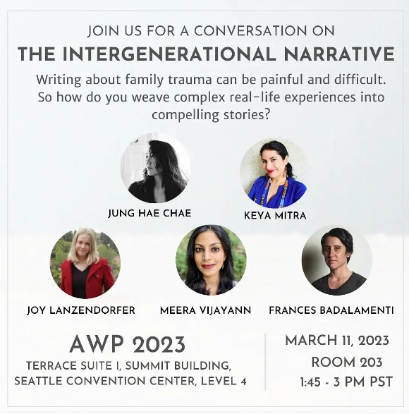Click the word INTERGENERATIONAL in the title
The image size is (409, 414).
point(169,54)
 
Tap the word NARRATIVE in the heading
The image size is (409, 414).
point(339,54)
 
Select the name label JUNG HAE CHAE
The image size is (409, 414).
point(149,213)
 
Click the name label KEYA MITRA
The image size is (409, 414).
point(275,216)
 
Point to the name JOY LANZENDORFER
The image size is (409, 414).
point(81,310)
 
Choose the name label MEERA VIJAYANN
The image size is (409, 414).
point(205,310)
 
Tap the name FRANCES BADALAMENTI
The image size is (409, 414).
point(331,310)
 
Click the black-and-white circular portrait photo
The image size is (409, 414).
point(156,168)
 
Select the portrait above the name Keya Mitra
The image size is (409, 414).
point(275,173)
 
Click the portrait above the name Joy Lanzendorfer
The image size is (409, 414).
point(85,263)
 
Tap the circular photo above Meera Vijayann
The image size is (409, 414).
point(211,260)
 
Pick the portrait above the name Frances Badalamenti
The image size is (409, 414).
point(337,260)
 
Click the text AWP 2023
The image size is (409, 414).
point(128,345)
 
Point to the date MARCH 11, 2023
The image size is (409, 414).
point(337,341)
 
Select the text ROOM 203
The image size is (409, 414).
point(347,363)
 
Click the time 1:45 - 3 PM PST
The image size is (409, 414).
point(346,382)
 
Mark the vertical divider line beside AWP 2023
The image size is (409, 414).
point(265,362)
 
